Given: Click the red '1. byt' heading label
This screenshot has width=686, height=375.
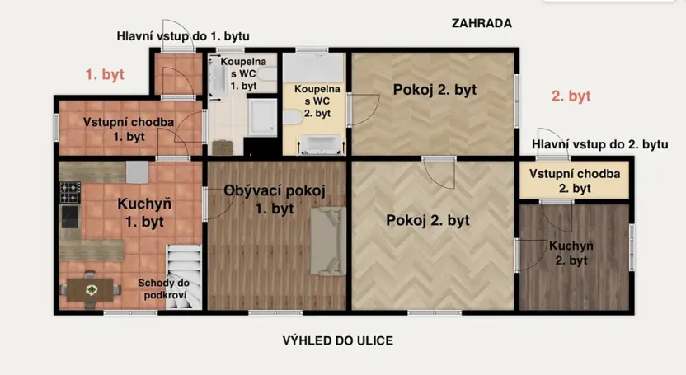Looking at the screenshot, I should tap(105, 74).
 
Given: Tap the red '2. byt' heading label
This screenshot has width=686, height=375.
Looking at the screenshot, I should tap(571, 96).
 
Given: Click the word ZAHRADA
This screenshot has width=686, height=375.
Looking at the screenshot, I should tap(482, 23).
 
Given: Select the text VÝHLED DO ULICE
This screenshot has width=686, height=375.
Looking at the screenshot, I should tap(338, 340).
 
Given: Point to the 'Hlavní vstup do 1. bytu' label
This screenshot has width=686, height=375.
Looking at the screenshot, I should tap(183, 35).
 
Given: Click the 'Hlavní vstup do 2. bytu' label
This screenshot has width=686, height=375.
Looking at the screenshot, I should tap(600, 144).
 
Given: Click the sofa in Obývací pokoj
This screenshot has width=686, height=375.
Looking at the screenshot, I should tap(326, 241).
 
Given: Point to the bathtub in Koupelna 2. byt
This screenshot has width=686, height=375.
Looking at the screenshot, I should tap(320, 147).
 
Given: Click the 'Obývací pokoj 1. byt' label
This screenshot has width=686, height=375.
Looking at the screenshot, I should tap(275, 199).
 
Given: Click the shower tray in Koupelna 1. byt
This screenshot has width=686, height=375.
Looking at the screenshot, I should tap(264, 118).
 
